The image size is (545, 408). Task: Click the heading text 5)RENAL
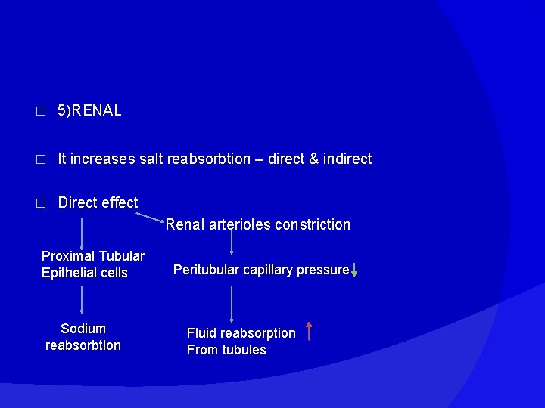89,111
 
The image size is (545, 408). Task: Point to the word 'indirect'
347,159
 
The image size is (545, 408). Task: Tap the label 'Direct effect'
98,202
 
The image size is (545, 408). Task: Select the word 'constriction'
313,224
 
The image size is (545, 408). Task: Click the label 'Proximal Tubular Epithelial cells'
92,264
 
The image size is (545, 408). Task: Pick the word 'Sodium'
83,329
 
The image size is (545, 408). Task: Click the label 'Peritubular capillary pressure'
261,270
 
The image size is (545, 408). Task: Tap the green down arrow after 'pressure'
354,270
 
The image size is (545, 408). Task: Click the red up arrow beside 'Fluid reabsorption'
309,331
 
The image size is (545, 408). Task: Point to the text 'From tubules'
226,350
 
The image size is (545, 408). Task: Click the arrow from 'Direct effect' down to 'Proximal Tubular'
82,230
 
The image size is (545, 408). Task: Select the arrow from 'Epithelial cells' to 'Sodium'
82,299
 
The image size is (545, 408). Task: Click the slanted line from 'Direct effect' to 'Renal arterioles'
151,218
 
